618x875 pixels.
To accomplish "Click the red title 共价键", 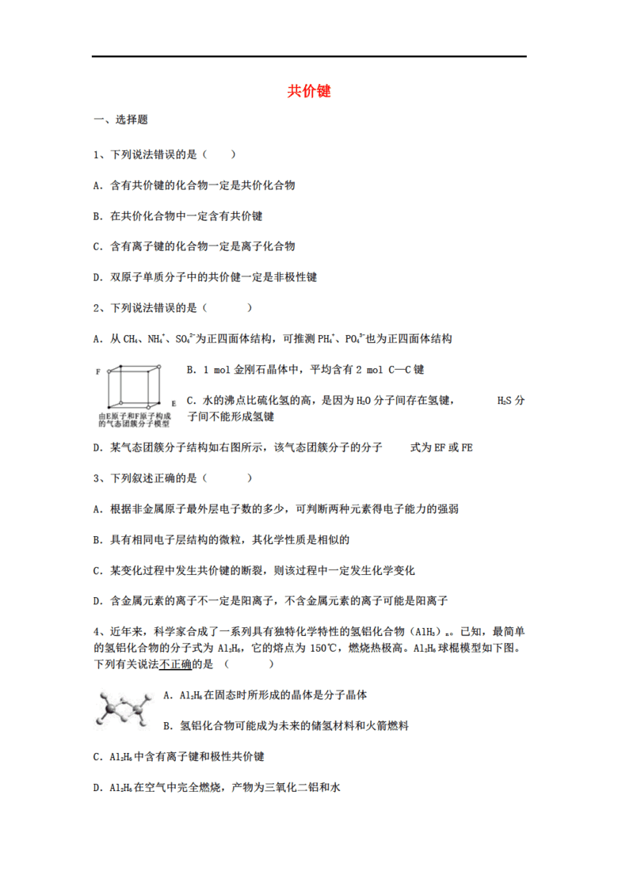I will pos(309,92).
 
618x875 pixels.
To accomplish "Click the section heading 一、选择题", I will pos(120,120).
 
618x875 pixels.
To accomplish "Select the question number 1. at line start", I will pos(97,155).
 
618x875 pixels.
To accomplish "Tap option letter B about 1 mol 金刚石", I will pos(189,369).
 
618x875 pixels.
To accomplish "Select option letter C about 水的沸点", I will pos(189,400).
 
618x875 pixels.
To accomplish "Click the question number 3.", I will pos(97,478).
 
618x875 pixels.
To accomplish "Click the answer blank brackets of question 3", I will pos(227,478).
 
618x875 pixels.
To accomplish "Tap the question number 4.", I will pos(97,632).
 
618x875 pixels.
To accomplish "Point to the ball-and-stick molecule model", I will pos(123,707).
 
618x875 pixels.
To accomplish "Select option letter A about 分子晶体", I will pos(166,694).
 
